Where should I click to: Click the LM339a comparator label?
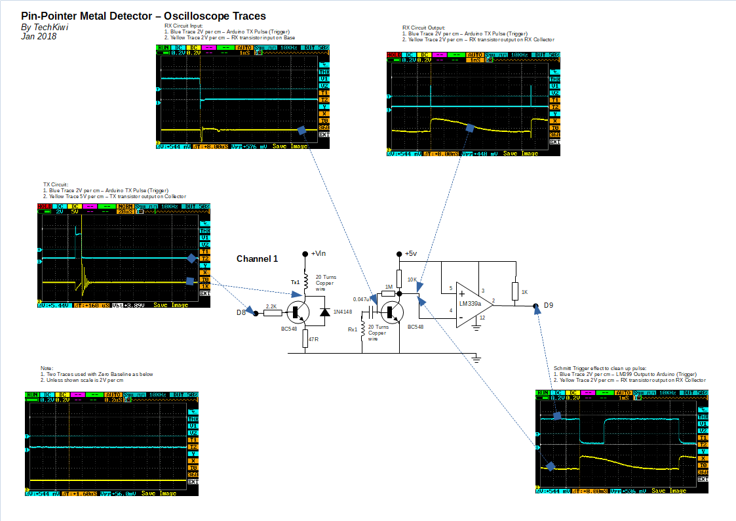pyautogui.click(x=471, y=304)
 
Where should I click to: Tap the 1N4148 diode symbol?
pyautogui.click(x=324, y=312)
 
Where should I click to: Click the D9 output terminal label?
pyautogui.click(x=549, y=305)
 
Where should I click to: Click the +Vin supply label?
pyautogui.click(x=318, y=253)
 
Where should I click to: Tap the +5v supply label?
pyautogui.click(x=411, y=253)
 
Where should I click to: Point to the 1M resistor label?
pyautogui.click(x=389, y=287)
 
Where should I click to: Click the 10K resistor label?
pyautogui.click(x=412, y=280)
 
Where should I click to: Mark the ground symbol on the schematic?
pyautogui.click(x=476, y=358)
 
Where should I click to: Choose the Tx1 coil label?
pyautogui.click(x=295, y=282)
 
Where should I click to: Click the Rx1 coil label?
pyautogui.click(x=352, y=329)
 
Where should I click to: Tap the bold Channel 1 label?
pyautogui.click(x=258, y=259)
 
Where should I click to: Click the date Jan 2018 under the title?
pyautogui.click(x=39, y=37)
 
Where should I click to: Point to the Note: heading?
pyautogui.click(x=47, y=368)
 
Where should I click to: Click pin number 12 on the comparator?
pyautogui.click(x=481, y=318)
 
